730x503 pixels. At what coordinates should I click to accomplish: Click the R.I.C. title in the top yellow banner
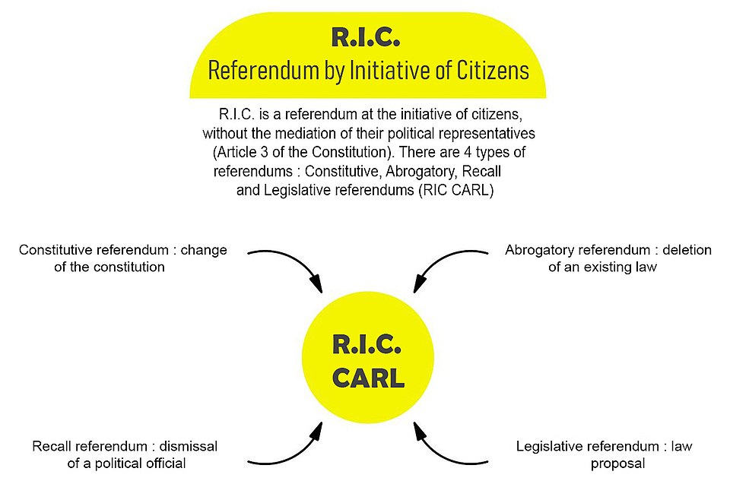366,37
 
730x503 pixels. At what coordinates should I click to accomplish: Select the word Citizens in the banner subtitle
493,71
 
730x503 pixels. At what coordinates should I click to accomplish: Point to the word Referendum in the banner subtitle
264,71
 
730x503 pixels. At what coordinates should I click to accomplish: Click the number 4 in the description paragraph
468,152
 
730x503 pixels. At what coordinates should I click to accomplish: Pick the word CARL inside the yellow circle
368,378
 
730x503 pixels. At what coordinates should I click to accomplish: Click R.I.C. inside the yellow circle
367,344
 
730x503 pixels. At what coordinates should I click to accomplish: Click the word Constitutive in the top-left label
56,250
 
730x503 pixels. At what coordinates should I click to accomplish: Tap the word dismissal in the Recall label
188,446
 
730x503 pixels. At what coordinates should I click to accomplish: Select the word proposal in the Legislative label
617,464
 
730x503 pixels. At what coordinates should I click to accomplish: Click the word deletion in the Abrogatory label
687,250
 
